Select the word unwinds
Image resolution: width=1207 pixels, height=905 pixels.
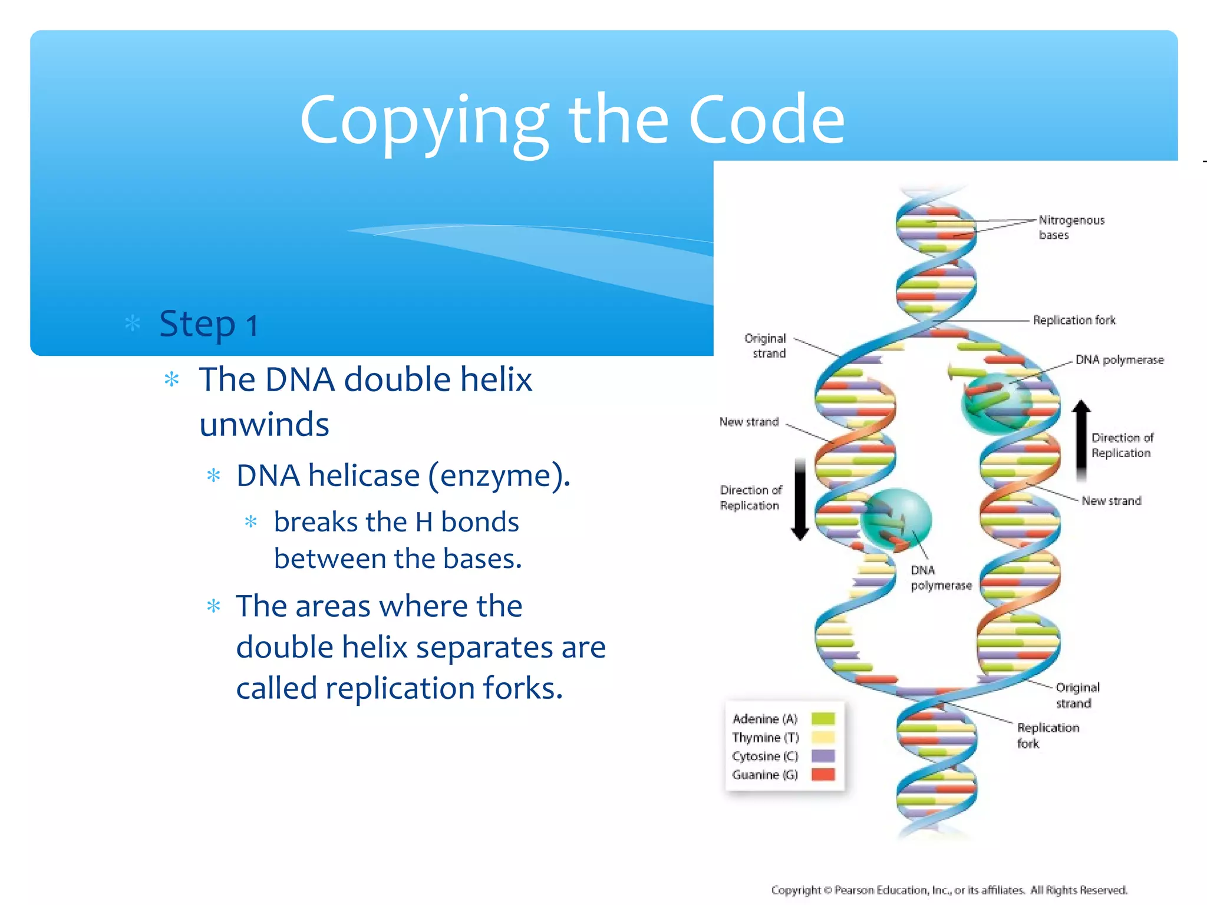(x=264, y=424)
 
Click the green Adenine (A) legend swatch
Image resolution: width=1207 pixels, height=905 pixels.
(x=823, y=718)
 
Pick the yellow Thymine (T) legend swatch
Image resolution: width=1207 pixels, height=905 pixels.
(x=823, y=737)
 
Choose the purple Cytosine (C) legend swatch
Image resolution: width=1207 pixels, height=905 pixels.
(x=823, y=756)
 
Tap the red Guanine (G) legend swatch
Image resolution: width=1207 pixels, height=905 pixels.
(x=823, y=774)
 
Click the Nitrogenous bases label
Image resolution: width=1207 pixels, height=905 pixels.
(x=1070, y=227)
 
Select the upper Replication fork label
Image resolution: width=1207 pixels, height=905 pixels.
(x=1074, y=320)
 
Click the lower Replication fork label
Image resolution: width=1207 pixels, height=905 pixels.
(x=1047, y=735)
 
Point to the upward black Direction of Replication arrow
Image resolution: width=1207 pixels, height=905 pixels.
(x=1081, y=439)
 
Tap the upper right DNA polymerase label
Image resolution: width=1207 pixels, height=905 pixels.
(x=1119, y=359)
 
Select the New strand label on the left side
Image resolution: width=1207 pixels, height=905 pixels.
(x=748, y=422)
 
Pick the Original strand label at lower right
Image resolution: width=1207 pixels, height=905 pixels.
(x=1077, y=695)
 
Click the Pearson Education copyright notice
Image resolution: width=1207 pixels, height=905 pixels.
(x=949, y=890)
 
